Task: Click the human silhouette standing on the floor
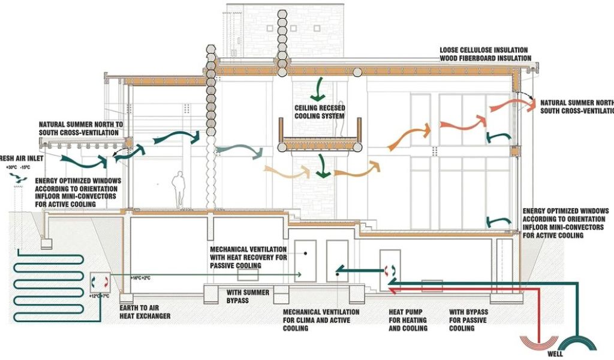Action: point(178,190)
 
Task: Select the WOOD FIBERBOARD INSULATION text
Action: point(485,58)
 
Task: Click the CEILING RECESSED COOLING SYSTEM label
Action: point(319,112)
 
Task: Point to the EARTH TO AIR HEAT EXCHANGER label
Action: point(145,312)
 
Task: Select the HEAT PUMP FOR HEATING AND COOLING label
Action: point(408,320)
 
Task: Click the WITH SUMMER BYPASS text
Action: point(248,296)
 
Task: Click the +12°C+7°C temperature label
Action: point(97,296)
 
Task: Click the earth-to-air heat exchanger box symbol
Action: point(100,281)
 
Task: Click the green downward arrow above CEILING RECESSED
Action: point(318,89)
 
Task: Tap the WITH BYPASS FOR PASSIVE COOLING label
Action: point(469,320)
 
